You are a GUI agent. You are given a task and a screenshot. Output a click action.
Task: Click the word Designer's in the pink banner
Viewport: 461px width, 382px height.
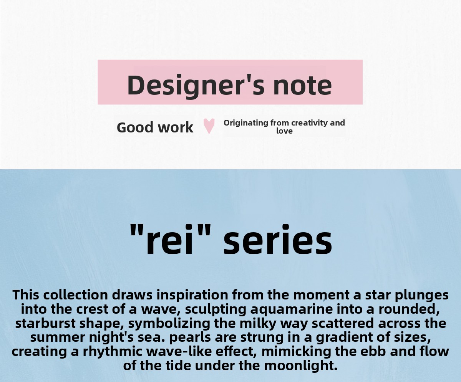tap(196, 86)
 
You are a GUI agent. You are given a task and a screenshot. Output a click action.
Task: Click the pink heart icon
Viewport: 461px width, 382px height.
tap(209, 126)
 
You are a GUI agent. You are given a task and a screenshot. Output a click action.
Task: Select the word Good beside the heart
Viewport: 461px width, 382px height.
tap(135, 127)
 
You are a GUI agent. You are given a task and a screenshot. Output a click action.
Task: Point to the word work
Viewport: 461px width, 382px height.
tap(176, 127)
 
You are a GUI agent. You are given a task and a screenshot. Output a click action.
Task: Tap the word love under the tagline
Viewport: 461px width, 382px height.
tap(284, 131)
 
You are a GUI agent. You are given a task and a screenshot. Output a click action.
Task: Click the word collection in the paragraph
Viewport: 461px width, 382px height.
tap(76, 295)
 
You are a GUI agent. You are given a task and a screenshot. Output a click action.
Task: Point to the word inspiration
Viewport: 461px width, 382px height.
tap(192, 295)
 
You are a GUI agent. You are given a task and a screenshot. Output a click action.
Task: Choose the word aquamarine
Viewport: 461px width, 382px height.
tap(292, 309)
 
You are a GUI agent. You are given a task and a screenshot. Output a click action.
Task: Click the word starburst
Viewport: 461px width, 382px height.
tap(45, 323)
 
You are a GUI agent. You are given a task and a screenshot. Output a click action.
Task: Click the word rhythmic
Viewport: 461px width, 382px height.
tap(113, 352)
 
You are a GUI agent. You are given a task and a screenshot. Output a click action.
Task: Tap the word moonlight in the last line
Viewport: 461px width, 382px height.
tap(301, 366)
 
